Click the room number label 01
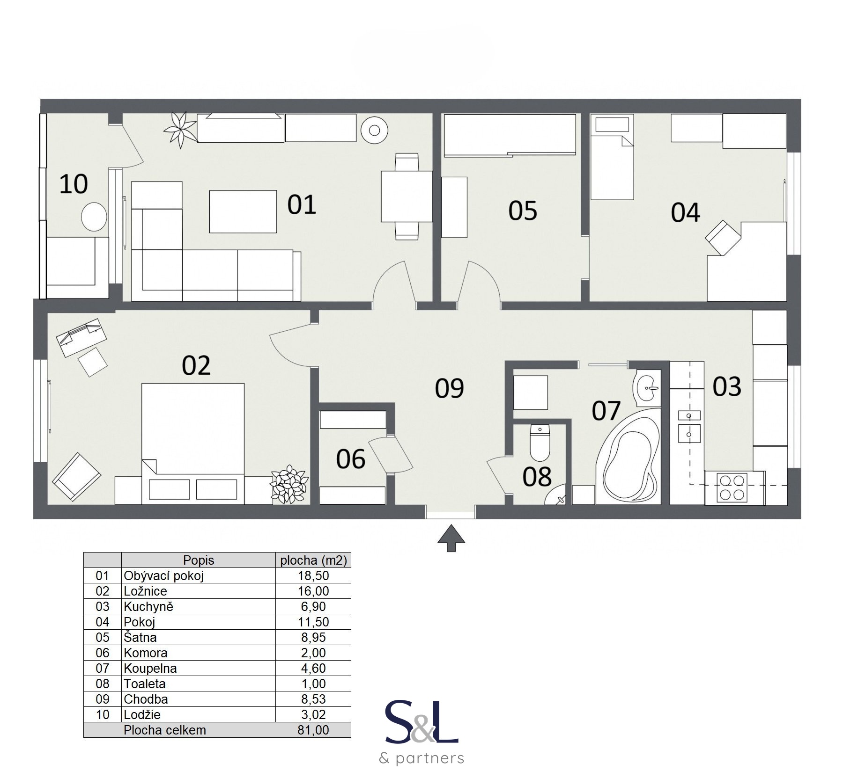pos(302,205)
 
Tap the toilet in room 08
pos(540,443)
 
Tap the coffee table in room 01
pos(243,211)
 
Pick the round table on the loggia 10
pos(94,216)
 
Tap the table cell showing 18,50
pos(313,575)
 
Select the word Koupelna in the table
pos(150,668)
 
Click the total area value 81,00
pos(313,730)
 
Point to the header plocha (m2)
pos(313,560)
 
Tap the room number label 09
pos(449,388)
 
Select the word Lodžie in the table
pos(142,714)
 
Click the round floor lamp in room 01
pos(374,130)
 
